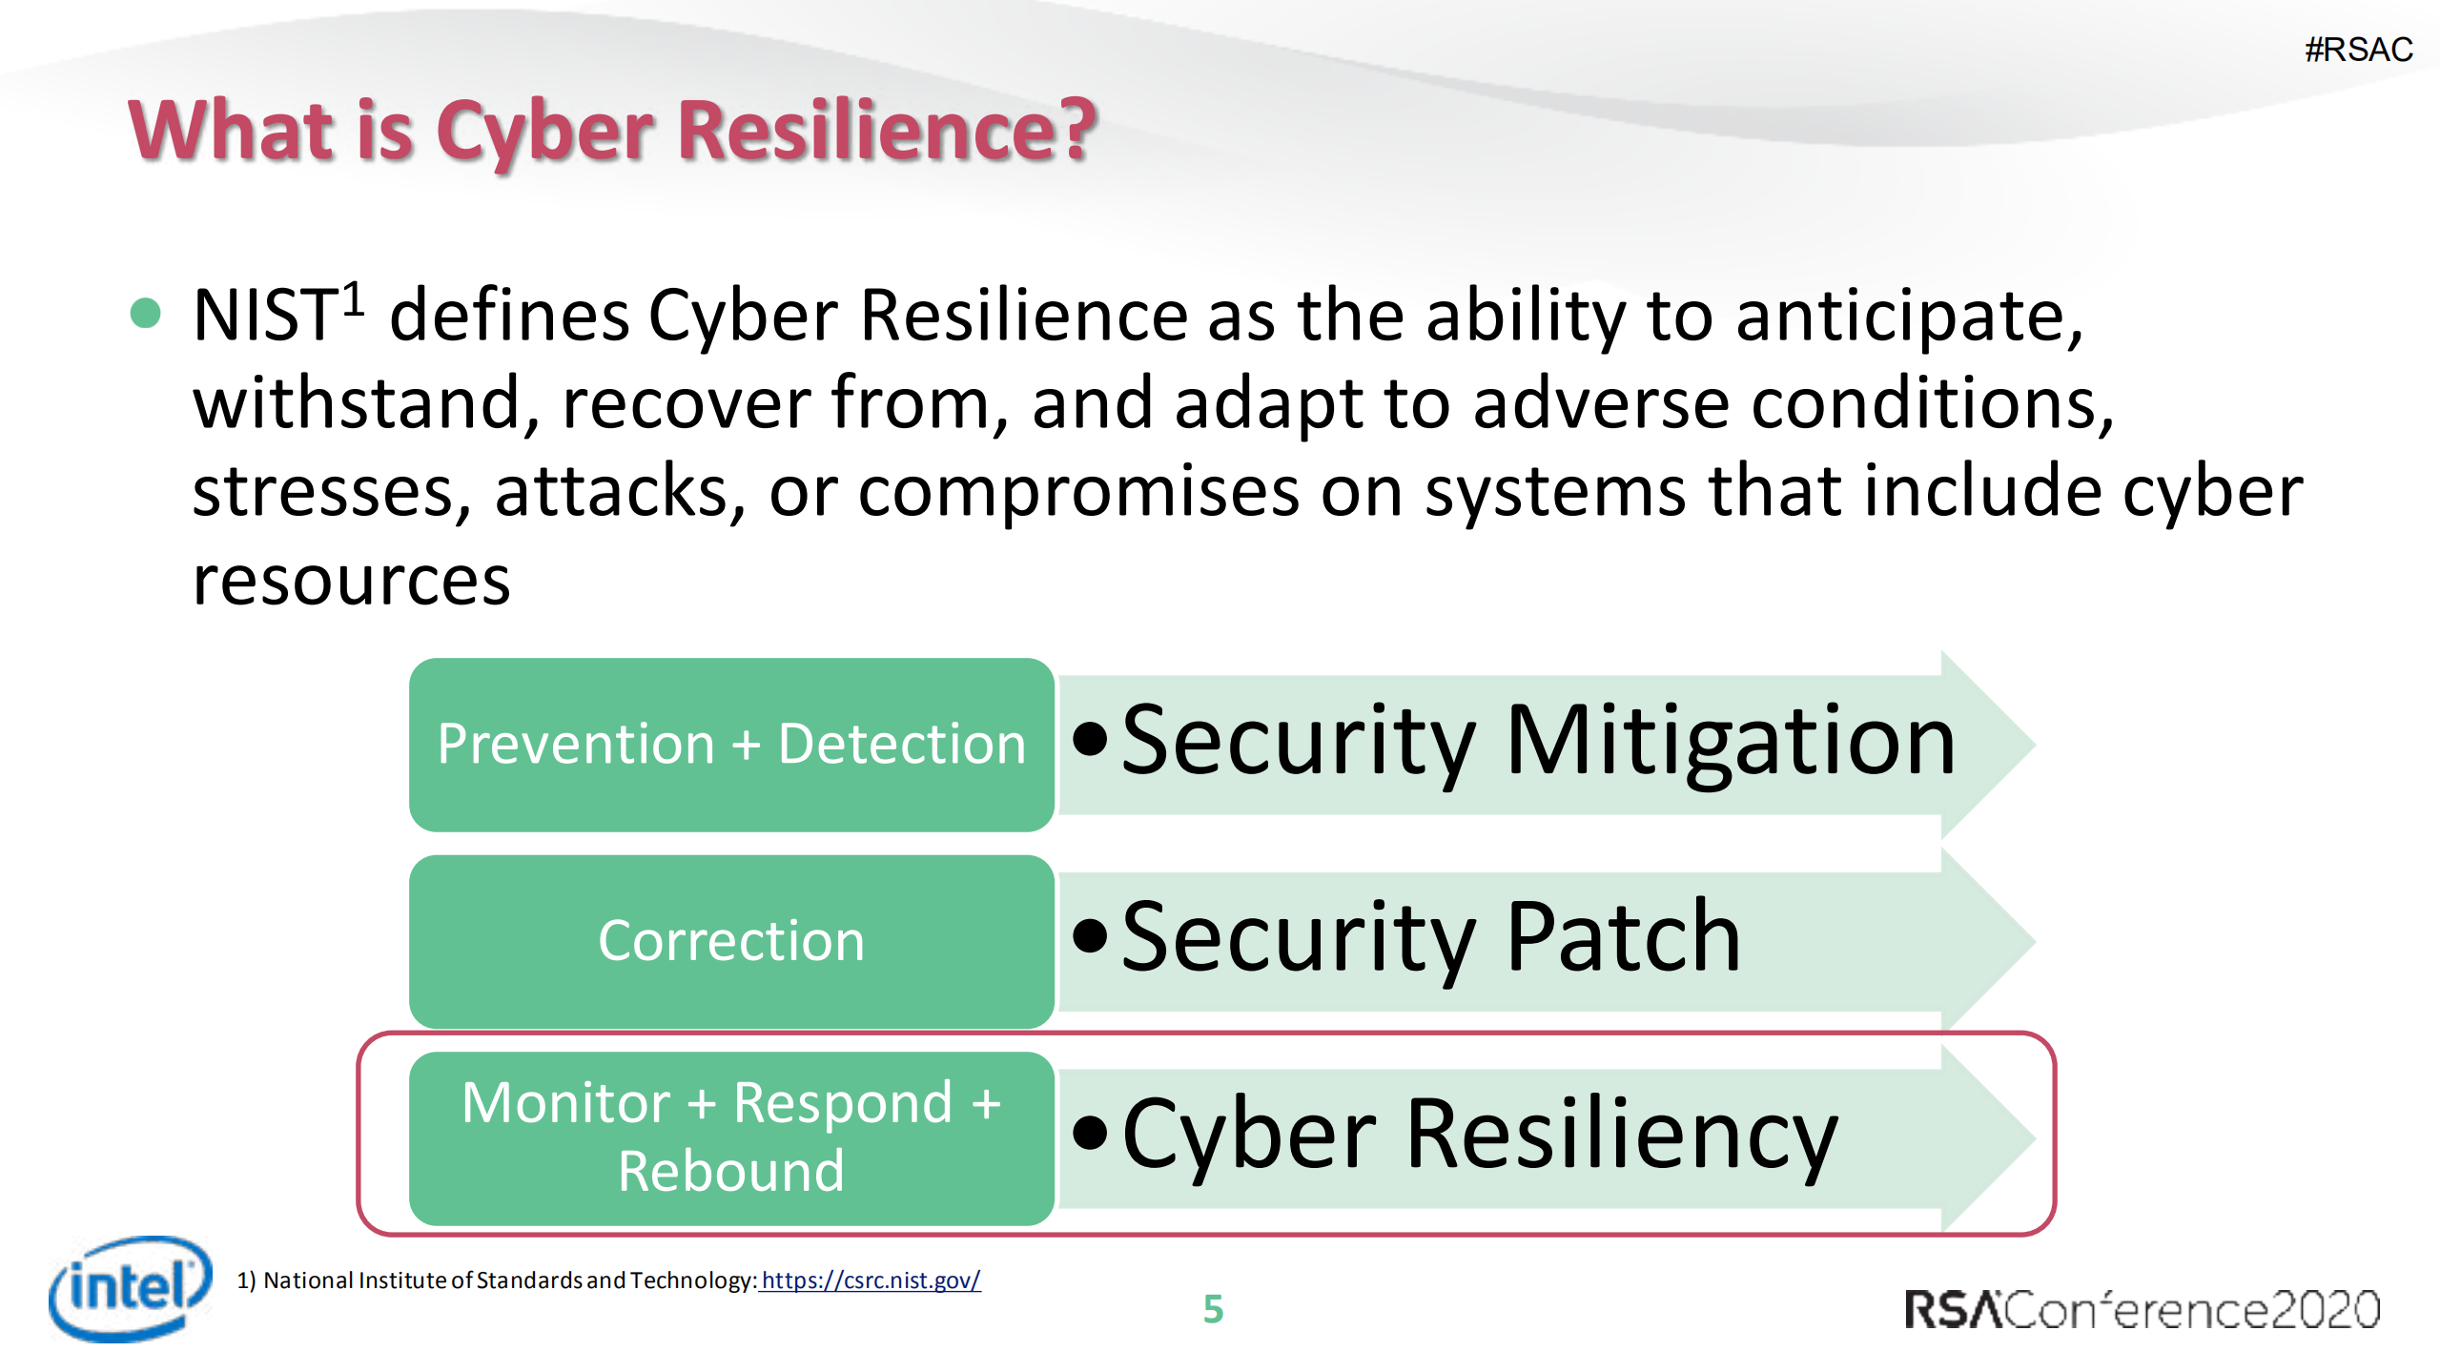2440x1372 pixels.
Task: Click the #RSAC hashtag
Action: (2358, 49)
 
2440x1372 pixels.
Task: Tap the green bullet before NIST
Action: (145, 313)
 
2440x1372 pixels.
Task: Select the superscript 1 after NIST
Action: (354, 298)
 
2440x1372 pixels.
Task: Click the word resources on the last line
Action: (352, 581)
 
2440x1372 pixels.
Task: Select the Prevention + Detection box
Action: (731, 744)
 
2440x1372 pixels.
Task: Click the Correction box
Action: (731, 941)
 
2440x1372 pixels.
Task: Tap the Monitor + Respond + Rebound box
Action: (731, 1137)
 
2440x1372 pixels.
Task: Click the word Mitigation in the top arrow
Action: (1730, 741)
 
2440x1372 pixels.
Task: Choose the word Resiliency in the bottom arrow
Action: (1621, 1136)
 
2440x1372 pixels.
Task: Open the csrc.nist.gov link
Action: (871, 1280)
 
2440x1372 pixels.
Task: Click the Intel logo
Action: (131, 1288)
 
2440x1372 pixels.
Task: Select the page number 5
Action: (1213, 1309)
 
